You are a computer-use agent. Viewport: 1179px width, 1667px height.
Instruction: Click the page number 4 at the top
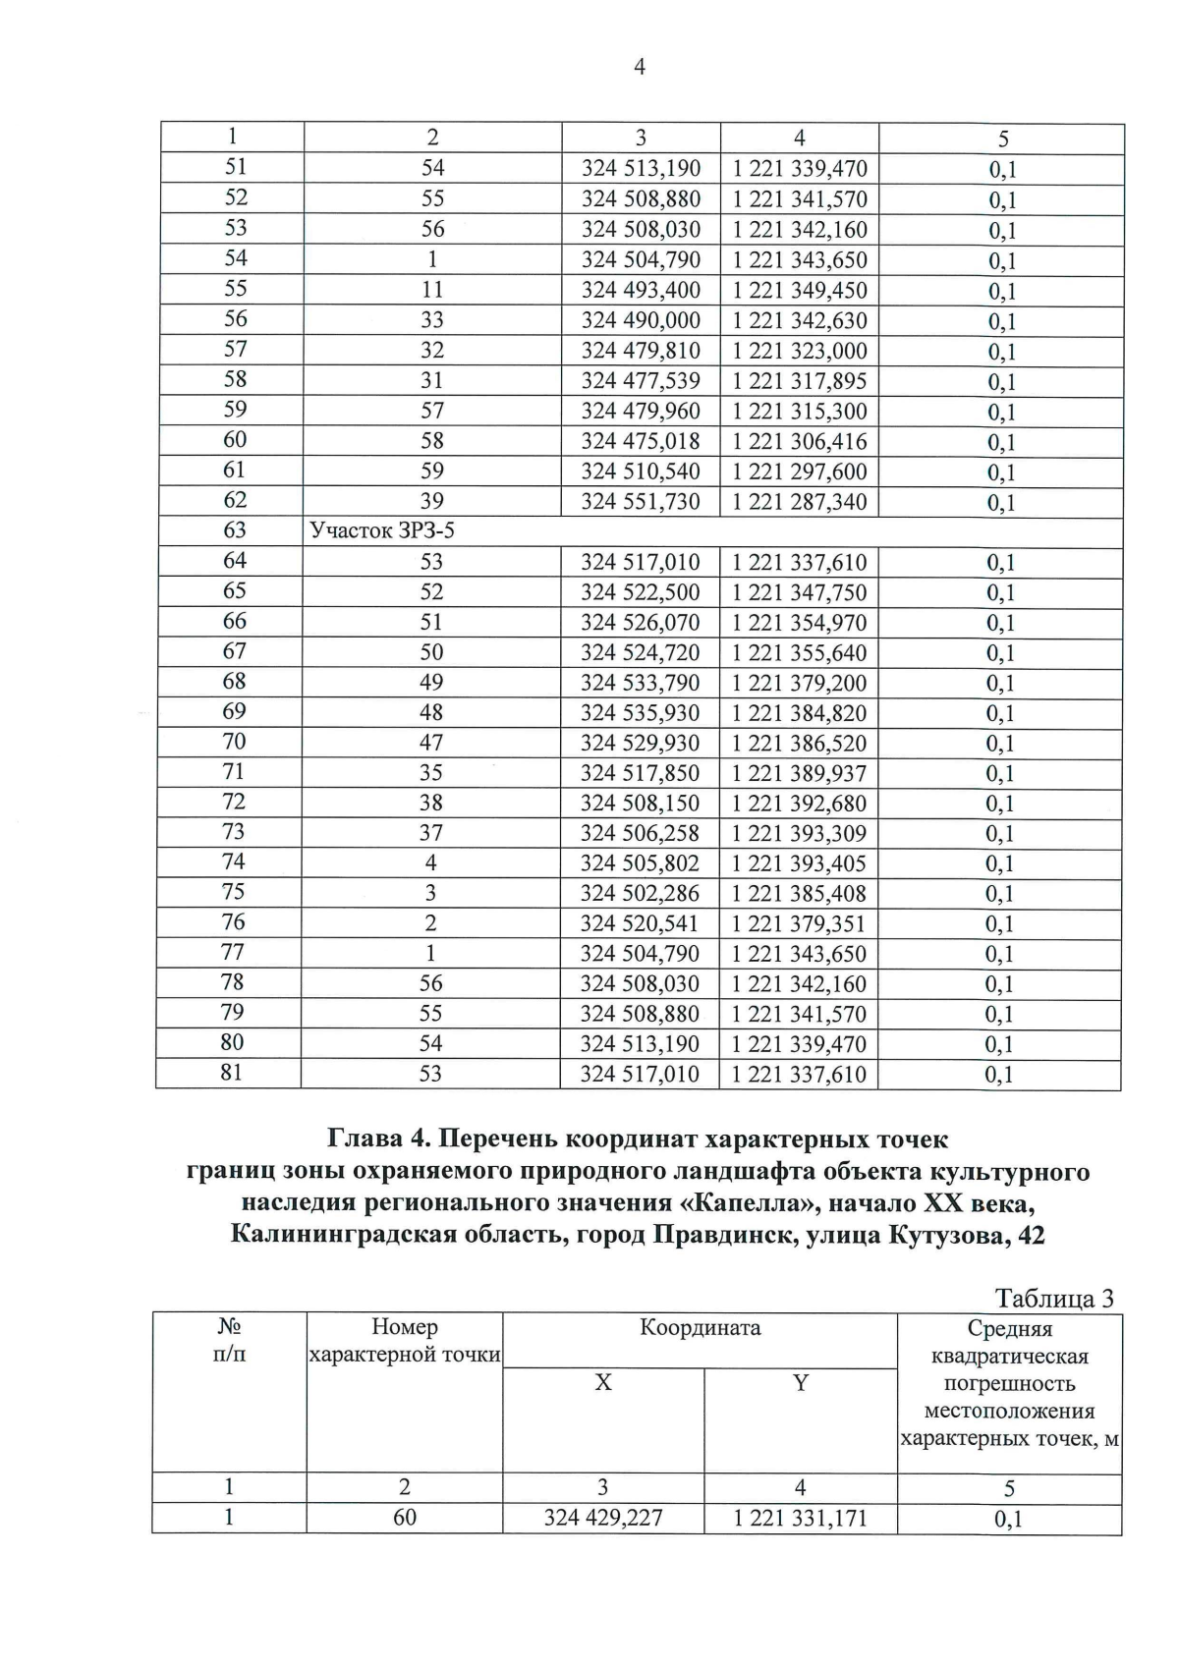click(640, 68)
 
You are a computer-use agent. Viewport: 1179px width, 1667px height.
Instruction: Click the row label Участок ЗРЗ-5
click(382, 531)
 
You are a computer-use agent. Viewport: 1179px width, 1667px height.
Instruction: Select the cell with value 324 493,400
click(641, 290)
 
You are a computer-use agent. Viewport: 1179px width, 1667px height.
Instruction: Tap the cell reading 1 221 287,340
click(799, 502)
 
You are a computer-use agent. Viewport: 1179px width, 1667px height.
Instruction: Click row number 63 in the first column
click(234, 530)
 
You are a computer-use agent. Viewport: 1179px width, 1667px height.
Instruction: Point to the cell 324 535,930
click(640, 712)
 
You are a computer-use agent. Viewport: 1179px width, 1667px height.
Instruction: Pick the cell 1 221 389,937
click(799, 773)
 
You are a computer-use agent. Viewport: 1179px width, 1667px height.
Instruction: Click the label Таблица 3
click(1054, 1299)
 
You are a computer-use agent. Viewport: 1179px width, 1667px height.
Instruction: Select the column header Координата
click(700, 1328)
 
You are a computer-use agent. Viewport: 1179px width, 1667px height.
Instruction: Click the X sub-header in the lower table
click(602, 1383)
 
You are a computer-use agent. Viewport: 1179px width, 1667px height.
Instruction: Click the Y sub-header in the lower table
click(800, 1383)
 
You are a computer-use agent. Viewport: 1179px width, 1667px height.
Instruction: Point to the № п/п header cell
click(230, 1341)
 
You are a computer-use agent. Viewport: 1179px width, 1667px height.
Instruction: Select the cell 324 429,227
click(602, 1518)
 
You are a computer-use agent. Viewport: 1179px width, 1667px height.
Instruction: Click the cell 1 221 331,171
click(800, 1518)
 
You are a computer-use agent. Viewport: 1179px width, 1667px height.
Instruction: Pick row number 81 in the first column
click(231, 1073)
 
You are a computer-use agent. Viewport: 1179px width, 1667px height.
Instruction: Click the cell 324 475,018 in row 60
click(641, 441)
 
